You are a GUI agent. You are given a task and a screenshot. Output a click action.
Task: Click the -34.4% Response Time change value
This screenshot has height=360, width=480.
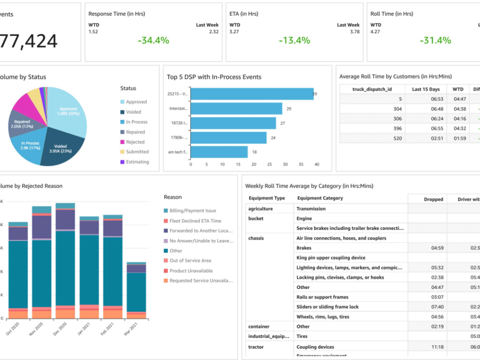click(154, 40)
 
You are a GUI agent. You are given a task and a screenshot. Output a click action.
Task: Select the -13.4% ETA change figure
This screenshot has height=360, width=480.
click(294, 40)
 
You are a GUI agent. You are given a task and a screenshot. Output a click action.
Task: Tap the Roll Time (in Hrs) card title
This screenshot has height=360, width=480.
click(392, 14)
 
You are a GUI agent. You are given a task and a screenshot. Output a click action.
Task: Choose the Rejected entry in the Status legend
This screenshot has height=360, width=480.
click(135, 142)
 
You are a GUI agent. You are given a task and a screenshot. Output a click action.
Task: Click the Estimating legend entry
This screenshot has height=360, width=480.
click(137, 162)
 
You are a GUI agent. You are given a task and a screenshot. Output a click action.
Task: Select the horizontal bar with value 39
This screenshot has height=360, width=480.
click(252, 94)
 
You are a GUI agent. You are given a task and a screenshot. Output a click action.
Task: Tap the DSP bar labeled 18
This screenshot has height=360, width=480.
click(219, 152)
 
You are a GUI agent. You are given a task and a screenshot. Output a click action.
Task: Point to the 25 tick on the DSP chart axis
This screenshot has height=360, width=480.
click(269, 164)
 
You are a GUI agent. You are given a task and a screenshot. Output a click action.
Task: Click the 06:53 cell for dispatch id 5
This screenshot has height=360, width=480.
click(419, 99)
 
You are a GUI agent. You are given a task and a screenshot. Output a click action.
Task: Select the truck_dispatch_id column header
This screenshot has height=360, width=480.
click(372, 89)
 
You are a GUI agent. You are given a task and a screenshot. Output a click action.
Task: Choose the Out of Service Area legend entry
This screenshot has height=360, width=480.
click(190, 261)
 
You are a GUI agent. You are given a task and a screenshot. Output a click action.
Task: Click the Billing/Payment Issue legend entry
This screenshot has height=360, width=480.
click(192, 211)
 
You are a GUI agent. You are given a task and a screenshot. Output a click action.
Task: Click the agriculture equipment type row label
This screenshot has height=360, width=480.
click(261, 209)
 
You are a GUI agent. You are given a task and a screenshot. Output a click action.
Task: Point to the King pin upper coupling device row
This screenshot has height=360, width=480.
click(331, 258)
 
